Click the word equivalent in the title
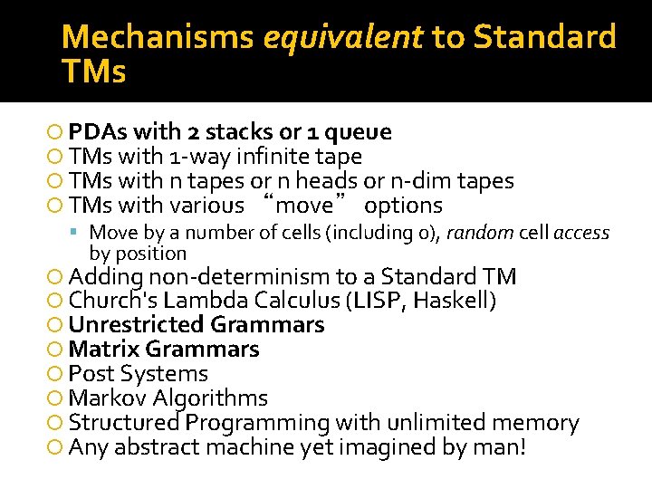(343, 38)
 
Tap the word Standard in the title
(545, 38)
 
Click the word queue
(358, 133)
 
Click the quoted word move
(303, 206)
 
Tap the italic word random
(483, 233)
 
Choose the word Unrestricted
(136, 325)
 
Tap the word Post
(90, 374)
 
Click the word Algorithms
(210, 398)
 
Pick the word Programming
(258, 423)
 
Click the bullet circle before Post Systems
(58, 374)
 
